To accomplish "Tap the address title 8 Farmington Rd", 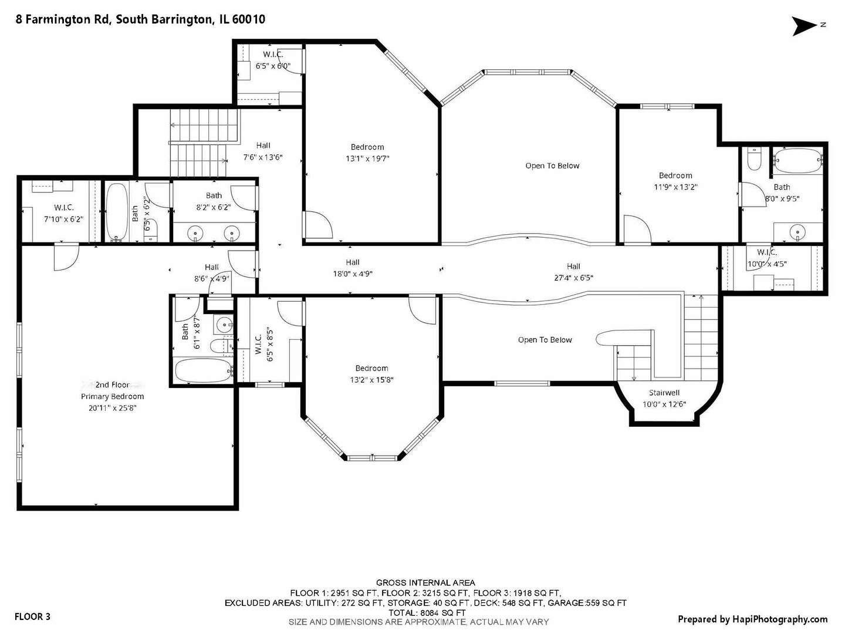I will click(x=140, y=19).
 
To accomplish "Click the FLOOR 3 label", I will click(x=32, y=616).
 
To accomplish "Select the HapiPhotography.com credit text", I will click(x=752, y=619).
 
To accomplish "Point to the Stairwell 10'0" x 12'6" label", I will click(x=664, y=399).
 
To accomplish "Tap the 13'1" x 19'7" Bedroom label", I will click(x=367, y=153).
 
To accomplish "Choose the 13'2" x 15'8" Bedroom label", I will click(x=371, y=374).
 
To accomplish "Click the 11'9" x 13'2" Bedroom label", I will click(x=675, y=181).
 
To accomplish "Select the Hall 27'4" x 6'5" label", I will click(x=573, y=272).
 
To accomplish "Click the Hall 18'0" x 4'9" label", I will click(x=353, y=268).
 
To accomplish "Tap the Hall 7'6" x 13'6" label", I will click(x=263, y=151).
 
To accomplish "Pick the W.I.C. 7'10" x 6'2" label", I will click(x=63, y=213).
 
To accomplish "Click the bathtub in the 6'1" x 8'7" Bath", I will click(x=203, y=370).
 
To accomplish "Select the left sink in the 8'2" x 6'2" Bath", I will click(x=195, y=234).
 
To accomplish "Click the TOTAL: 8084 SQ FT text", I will click(x=426, y=612).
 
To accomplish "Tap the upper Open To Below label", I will click(x=552, y=166).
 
